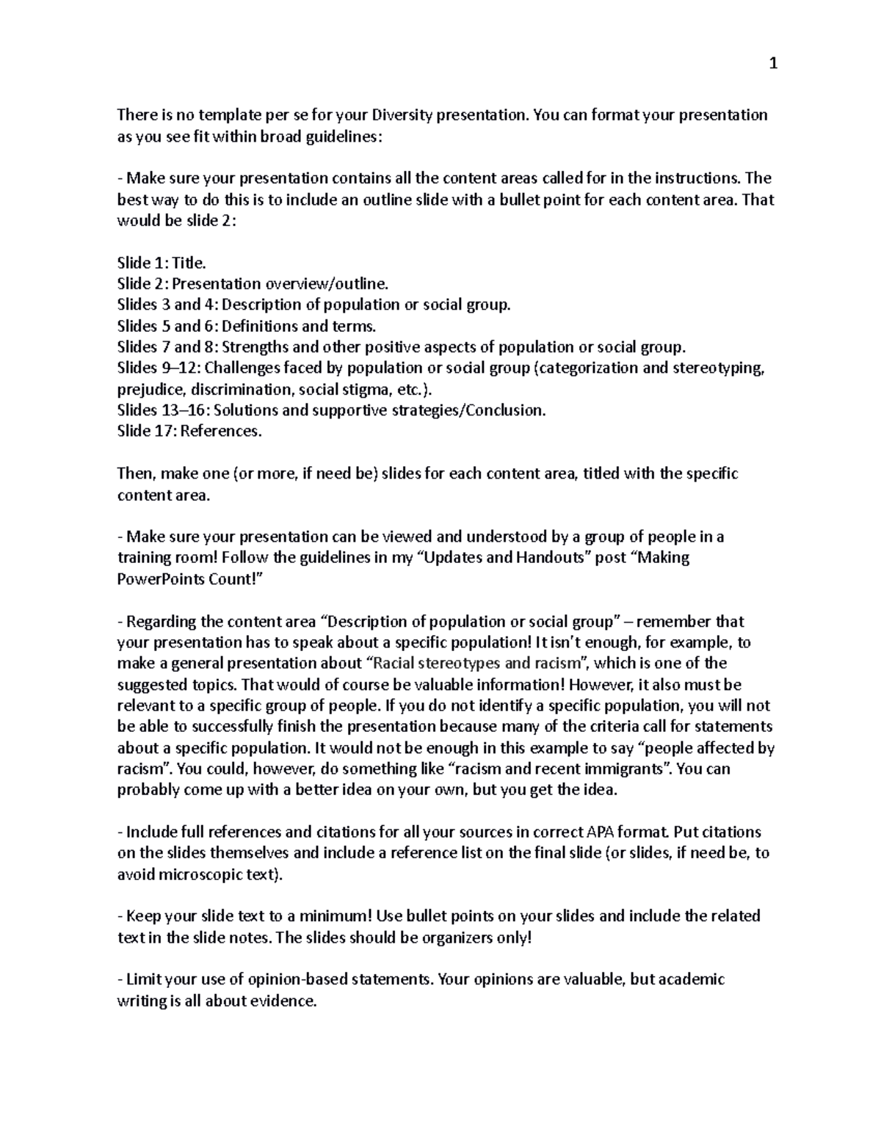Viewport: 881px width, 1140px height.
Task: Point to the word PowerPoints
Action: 158,579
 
